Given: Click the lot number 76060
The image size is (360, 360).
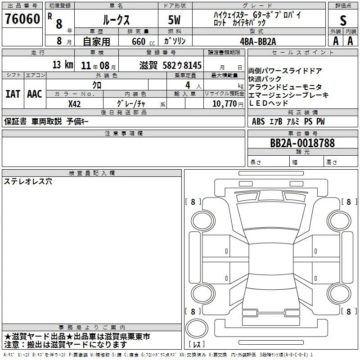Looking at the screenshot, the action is pyautogui.click(x=22, y=18).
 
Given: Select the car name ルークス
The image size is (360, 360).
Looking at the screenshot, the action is pyautogui.click(x=116, y=20).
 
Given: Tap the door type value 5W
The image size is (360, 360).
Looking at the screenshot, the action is pyautogui.click(x=174, y=20).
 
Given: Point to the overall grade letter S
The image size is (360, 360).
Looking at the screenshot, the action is pyautogui.click(x=343, y=20).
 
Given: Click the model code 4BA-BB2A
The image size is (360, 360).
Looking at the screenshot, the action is pyautogui.click(x=258, y=41).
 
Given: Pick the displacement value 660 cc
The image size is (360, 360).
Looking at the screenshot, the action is pyautogui.click(x=143, y=41).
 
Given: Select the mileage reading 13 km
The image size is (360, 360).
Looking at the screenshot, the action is pyautogui.click(x=63, y=64).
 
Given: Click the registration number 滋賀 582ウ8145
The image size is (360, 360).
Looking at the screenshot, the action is pyautogui.click(x=171, y=65).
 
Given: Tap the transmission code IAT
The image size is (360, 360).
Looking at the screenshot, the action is pyautogui.click(x=13, y=94).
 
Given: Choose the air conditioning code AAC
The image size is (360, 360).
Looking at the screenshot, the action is pyautogui.click(x=35, y=94).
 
